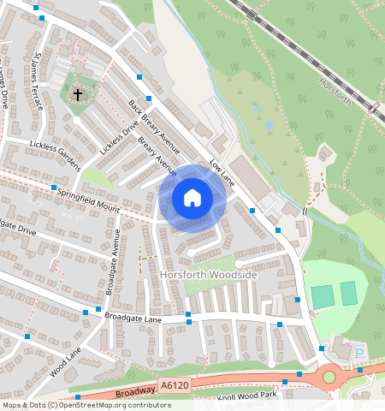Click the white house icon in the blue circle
(192, 199)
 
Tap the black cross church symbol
(78, 93)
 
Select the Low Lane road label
(221, 174)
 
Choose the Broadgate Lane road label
(133, 318)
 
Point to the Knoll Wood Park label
(247, 396)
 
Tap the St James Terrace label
(37, 81)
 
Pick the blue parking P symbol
(358, 353)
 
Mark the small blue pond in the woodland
(269, 125)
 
